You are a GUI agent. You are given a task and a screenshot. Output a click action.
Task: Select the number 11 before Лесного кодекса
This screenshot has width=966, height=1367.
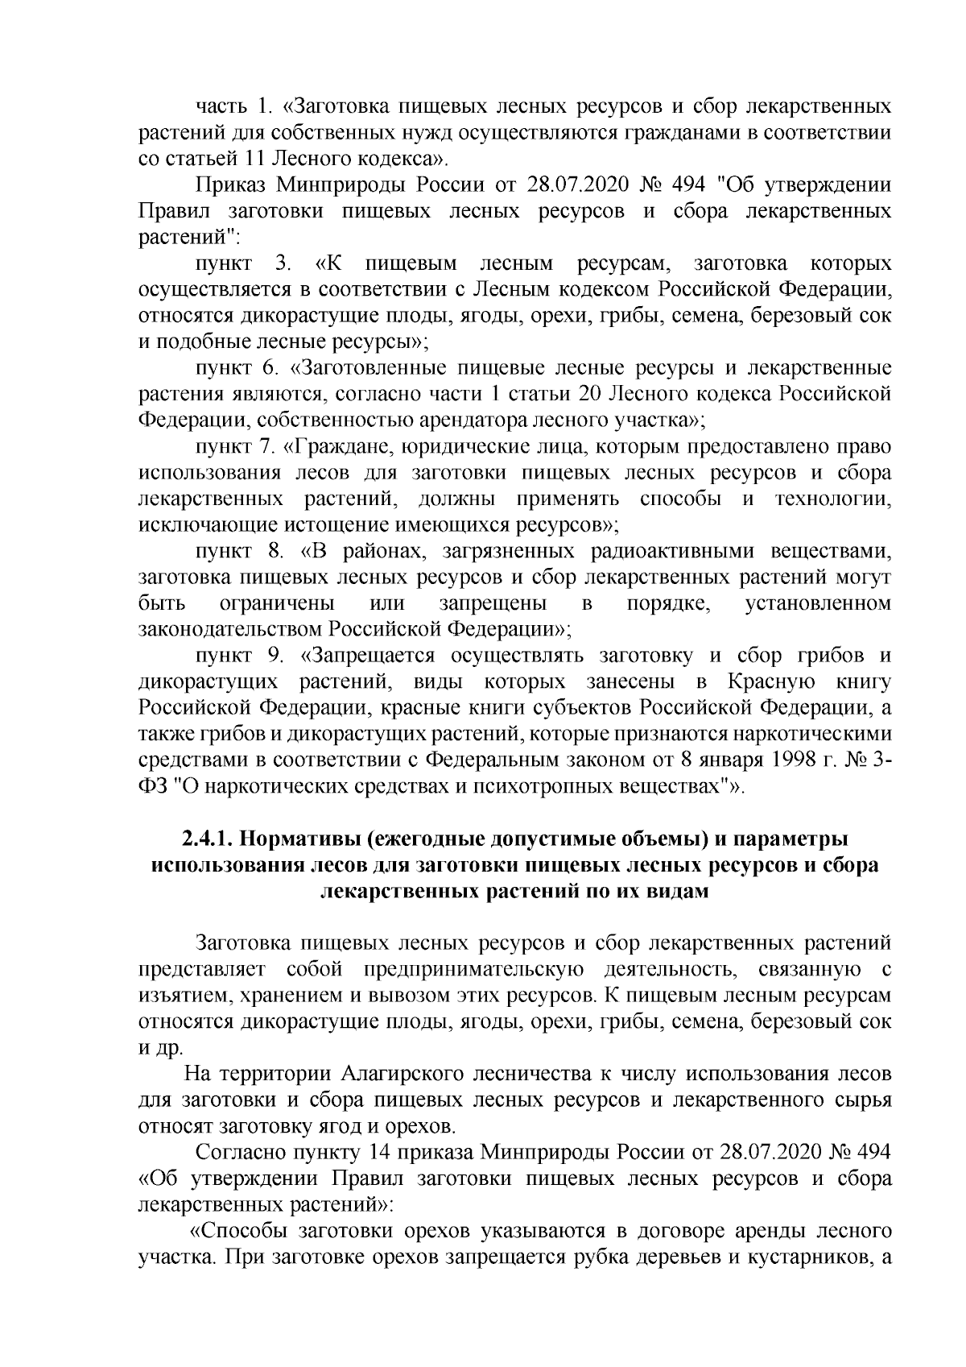264,157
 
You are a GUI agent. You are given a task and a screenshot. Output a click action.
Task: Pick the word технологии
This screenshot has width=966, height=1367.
832,499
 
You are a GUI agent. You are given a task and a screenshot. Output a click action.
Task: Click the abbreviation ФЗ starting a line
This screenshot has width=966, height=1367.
151,785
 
